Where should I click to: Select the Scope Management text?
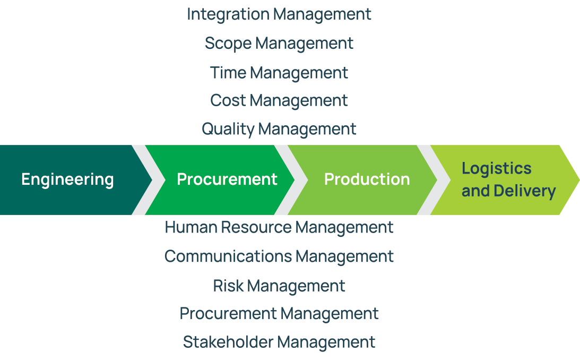pyautogui.click(x=279, y=44)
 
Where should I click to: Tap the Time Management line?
pyautogui.click(x=279, y=73)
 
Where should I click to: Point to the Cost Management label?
pyautogui.click(x=279, y=101)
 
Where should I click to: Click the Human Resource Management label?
pyautogui.click(x=279, y=228)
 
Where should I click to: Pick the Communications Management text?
pyautogui.click(x=279, y=257)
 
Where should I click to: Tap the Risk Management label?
pyautogui.click(x=279, y=286)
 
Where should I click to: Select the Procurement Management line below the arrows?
pyautogui.click(x=279, y=314)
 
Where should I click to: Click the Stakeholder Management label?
pyautogui.click(x=279, y=342)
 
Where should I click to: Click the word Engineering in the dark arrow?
pyautogui.click(x=67, y=180)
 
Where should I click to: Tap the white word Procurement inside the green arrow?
pyautogui.click(x=227, y=179)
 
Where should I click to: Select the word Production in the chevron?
pyautogui.click(x=367, y=179)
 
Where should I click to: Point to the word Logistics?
pyautogui.click(x=496, y=169)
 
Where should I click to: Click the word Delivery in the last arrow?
pyautogui.click(x=524, y=192)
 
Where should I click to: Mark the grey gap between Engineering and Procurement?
pyautogui.click(x=149, y=180)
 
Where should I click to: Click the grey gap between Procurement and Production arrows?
pyautogui.click(x=291, y=180)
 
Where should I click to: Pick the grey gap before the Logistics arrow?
pyautogui.click(x=434, y=180)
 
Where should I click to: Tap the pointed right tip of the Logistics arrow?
pyautogui.click(x=579, y=180)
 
